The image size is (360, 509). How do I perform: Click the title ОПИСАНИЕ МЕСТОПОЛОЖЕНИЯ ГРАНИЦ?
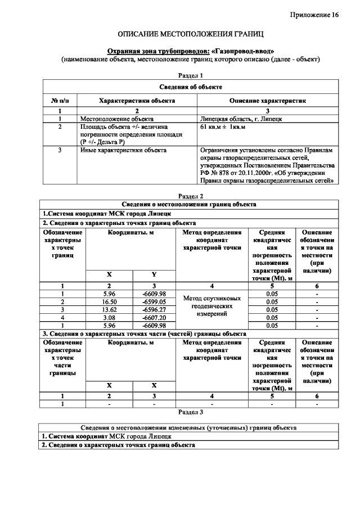pos(190,35)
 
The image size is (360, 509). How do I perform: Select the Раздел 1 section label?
pos(190,75)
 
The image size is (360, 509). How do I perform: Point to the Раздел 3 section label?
pos(190,412)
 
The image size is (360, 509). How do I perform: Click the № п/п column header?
pos(60,101)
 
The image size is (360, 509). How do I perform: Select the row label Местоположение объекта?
pos(116,119)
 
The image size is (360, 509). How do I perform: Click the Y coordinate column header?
pos(154,274)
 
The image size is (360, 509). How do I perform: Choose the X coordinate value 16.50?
pos(109,301)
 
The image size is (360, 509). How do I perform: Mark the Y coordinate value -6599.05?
pos(154,301)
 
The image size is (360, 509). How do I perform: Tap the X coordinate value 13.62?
pos(109,309)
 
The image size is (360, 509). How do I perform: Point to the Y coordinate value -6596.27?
pos(154,309)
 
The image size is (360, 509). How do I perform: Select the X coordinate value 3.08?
pos(109,317)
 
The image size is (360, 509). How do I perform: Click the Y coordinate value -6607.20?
pos(154,317)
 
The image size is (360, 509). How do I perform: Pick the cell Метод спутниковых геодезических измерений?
pos(211,306)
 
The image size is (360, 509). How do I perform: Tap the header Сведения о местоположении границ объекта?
pos(190,204)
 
